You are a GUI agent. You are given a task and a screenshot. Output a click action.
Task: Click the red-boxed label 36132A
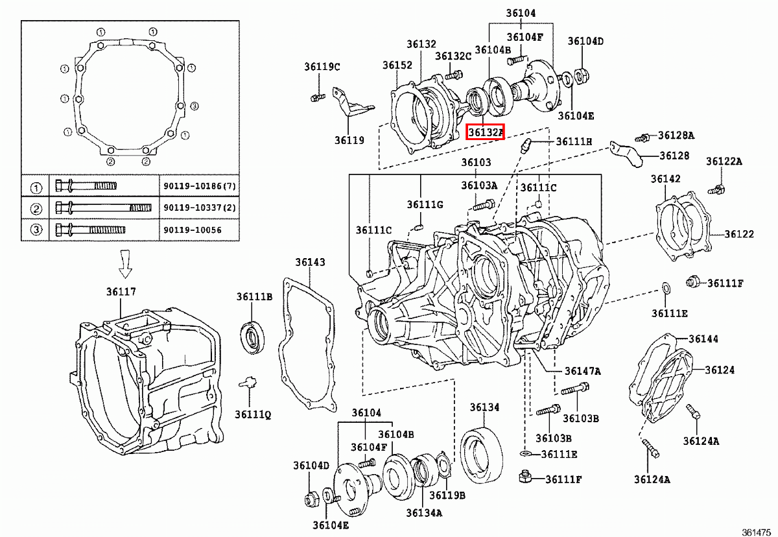tap(485, 132)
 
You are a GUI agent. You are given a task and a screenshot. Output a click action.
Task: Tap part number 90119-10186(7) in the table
tap(200, 186)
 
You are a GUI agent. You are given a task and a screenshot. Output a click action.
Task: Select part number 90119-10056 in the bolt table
tap(193, 230)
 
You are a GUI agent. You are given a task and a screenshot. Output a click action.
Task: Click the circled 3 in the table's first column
tap(36, 230)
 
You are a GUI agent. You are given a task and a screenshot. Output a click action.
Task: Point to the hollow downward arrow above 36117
tap(125, 264)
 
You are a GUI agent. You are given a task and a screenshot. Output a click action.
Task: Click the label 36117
tap(121, 292)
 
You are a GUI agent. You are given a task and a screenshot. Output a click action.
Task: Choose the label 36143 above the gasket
tap(310, 262)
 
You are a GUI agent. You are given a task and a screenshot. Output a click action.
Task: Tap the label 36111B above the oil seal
tap(255, 297)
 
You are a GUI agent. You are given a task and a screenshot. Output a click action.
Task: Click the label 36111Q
tap(253, 414)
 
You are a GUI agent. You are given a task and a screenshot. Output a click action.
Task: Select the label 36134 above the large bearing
tap(484, 407)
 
